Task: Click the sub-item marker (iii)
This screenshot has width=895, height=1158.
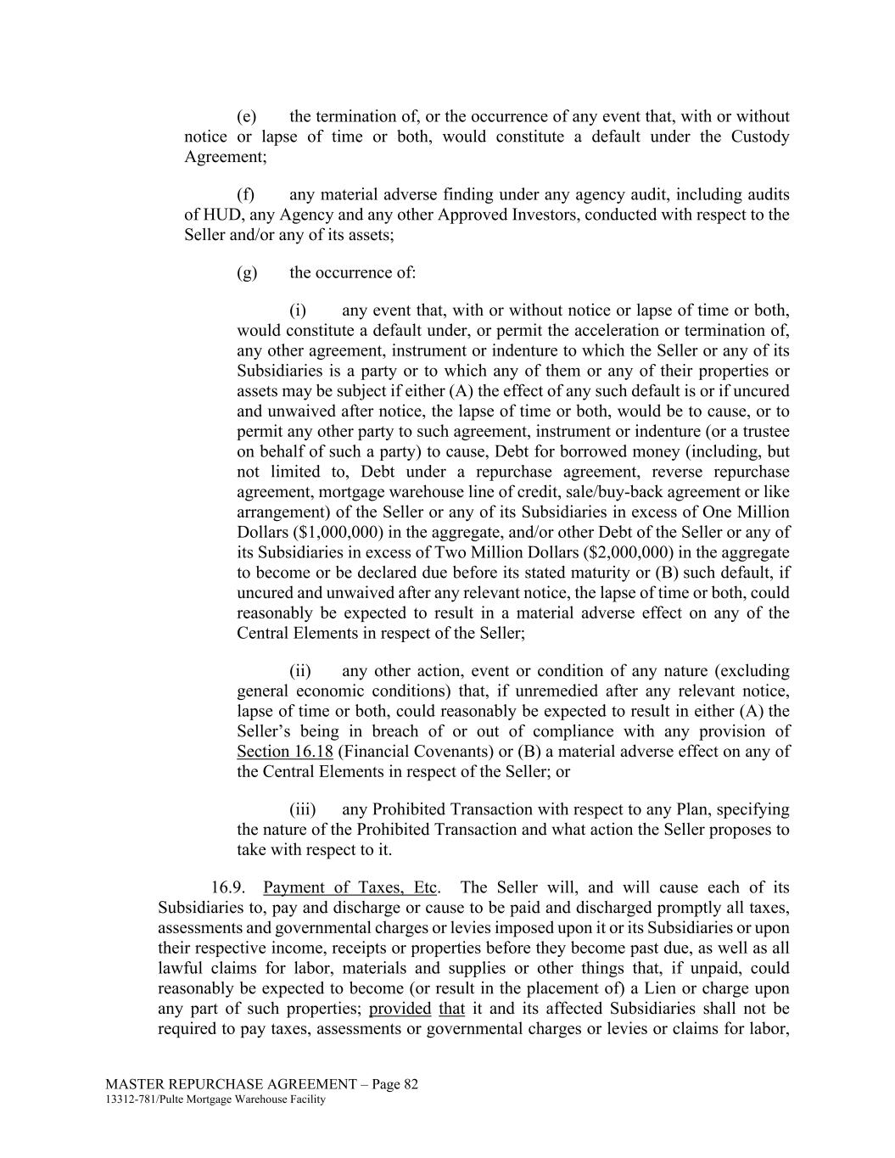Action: click(x=305, y=809)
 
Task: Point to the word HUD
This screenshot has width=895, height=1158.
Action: click(x=216, y=215)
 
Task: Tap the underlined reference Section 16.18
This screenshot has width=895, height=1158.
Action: click(x=285, y=752)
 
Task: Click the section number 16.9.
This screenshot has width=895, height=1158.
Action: click(x=228, y=888)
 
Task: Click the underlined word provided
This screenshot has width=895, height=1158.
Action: click(x=400, y=1010)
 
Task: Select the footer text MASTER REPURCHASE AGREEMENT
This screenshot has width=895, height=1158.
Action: click(x=231, y=1084)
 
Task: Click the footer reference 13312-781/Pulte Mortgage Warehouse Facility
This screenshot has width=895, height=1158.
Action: click(x=215, y=1099)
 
